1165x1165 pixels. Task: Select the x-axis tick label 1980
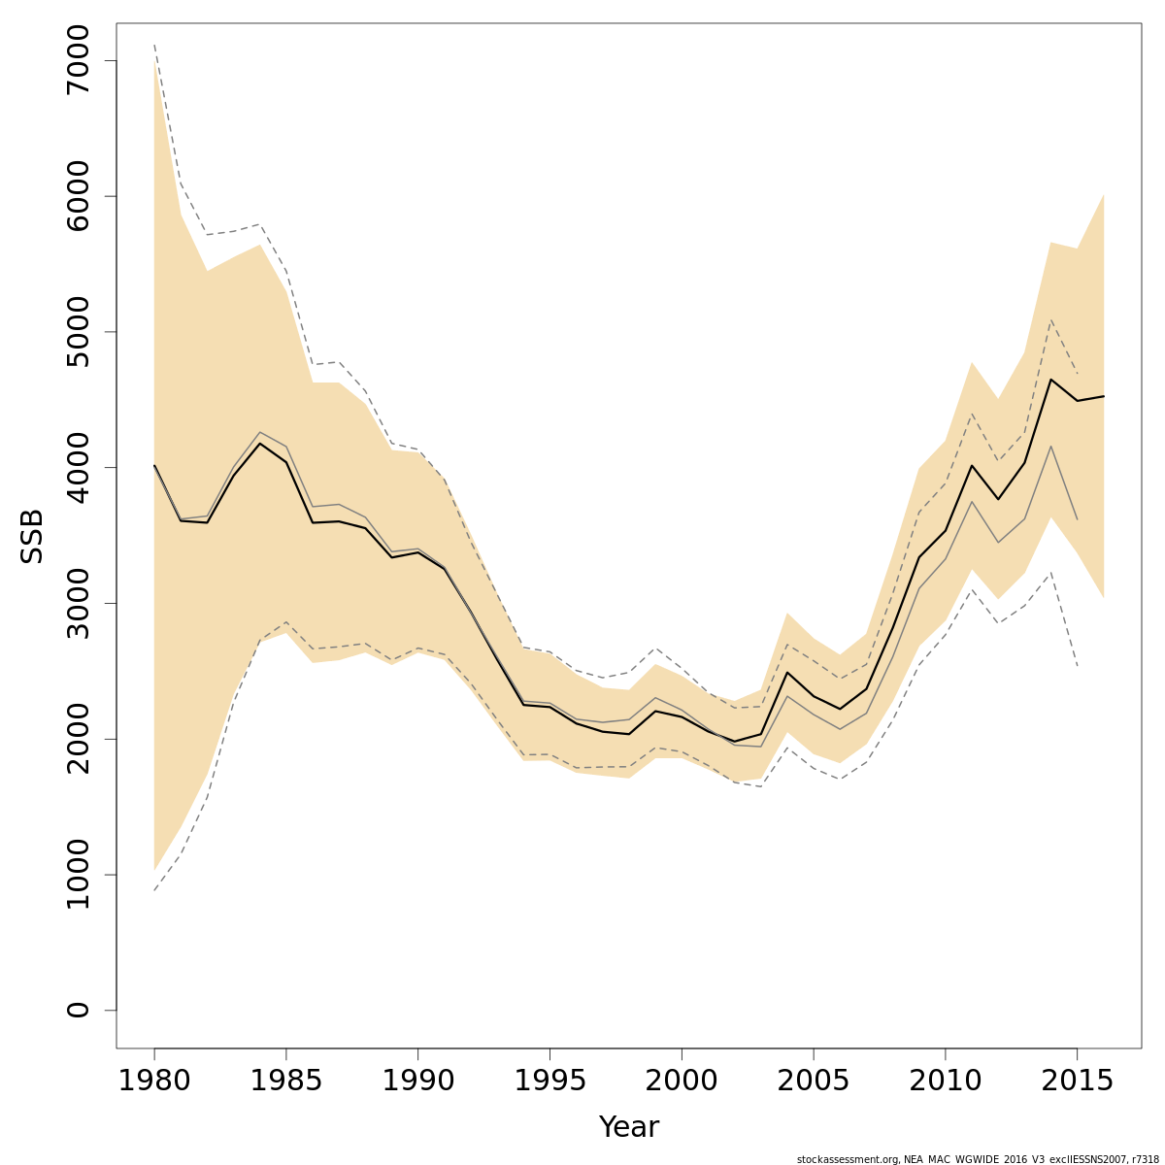click(x=154, y=1082)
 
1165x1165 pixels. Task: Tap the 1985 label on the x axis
click(x=286, y=1082)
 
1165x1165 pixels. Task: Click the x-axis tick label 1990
click(x=417, y=1082)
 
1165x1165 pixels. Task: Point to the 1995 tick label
click(x=549, y=1082)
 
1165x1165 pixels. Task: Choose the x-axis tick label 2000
click(x=682, y=1082)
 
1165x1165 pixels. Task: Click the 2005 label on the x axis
click(x=814, y=1082)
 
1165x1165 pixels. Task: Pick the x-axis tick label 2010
click(x=945, y=1082)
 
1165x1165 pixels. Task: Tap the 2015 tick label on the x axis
click(x=1077, y=1082)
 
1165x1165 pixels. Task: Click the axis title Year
click(x=628, y=1127)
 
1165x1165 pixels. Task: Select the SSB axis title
click(x=32, y=536)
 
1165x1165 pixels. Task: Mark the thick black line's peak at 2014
click(x=1050, y=380)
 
